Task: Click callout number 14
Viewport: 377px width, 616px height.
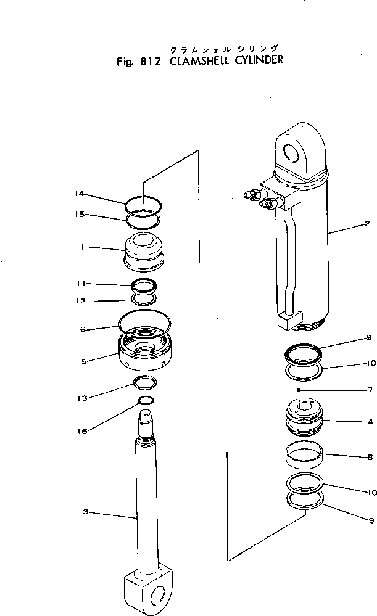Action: click(x=80, y=194)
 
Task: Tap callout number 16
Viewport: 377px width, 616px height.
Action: click(x=82, y=431)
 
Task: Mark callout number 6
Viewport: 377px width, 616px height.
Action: click(x=82, y=329)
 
